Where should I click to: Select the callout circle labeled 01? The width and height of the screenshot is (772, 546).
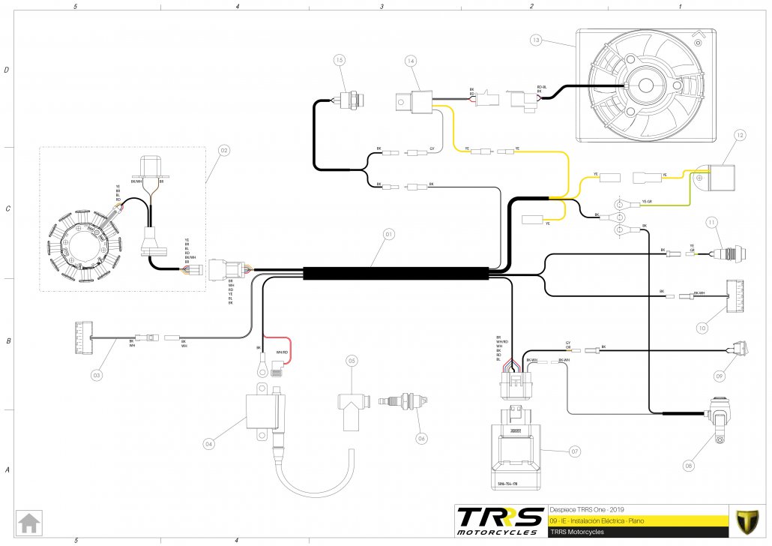point(388,234)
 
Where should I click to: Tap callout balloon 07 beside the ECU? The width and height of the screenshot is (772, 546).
point(575,451)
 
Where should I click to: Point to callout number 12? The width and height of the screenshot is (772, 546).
point(740,135)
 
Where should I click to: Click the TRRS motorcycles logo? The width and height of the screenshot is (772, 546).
point(500,520)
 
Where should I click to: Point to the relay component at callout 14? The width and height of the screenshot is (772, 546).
point(411,102)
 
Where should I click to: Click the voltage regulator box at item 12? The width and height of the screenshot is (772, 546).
point(715,178)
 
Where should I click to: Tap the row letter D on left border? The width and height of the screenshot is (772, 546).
point(7,70)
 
